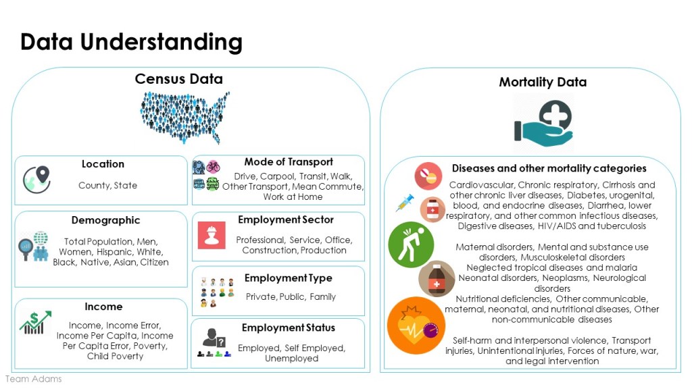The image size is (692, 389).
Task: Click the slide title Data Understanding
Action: [132, 43]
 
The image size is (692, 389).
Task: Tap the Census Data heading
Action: [178, 79]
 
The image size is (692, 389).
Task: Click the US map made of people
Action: [185, 118]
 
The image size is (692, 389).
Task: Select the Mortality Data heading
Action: [543, 82]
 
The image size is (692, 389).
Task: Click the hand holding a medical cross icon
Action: [543, 124]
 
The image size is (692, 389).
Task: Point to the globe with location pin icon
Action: [36, 180]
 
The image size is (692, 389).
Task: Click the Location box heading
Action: [103, 164]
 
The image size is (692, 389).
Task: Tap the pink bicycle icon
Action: [213, 166]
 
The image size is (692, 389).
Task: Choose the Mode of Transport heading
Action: [289, 162]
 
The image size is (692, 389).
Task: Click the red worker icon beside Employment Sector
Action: [212, 236]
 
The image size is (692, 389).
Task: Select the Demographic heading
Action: [106, 220]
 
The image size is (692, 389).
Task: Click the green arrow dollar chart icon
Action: [35, 322]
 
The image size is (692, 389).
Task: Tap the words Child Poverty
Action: [115, 357]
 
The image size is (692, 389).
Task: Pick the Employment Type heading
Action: [288, 278]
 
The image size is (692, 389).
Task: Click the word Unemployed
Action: [292, 359]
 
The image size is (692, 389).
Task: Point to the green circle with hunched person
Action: [411, 244]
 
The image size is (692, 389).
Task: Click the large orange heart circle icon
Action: [416, 326]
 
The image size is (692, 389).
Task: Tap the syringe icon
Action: [405, 203]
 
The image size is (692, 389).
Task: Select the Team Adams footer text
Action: [34, 379]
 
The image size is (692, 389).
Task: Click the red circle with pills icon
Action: [428, 176]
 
